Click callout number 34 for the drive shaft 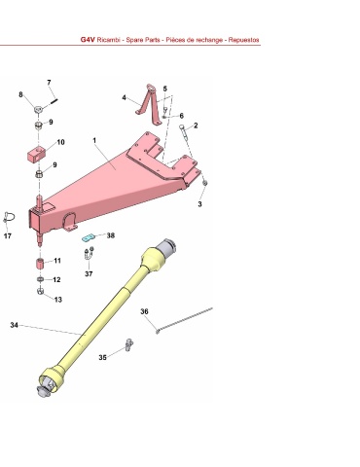point(14,325)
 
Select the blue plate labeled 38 point(88,237)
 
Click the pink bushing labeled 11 point(40,263)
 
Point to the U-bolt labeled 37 point(89,254)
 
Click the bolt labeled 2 point(184,132)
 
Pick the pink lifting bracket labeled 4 point(150,104)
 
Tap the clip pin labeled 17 point(9,217)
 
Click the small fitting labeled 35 point(128,344)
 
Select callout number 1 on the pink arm point(94,140)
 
